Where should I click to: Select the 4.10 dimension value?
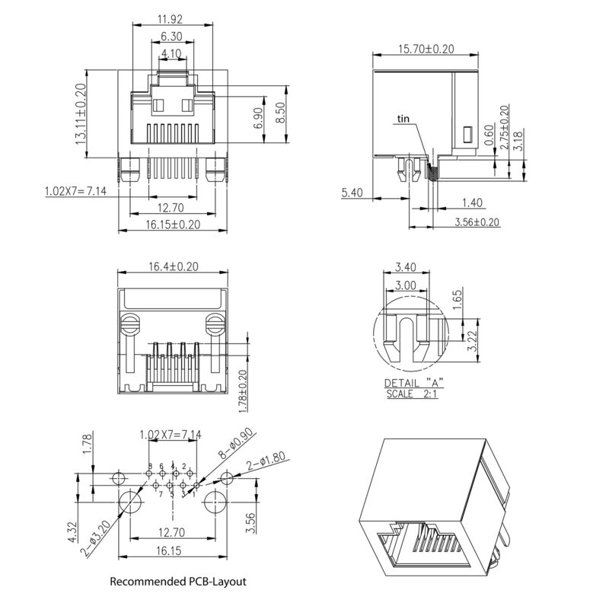[172, 53]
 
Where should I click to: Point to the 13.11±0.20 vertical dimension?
[80, 115]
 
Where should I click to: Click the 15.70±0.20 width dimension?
[426, 49]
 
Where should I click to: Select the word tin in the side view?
[403, 119]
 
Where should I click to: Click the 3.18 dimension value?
[518, 142]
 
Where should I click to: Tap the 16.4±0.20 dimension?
[172, 266]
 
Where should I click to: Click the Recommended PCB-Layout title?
[178, 582]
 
